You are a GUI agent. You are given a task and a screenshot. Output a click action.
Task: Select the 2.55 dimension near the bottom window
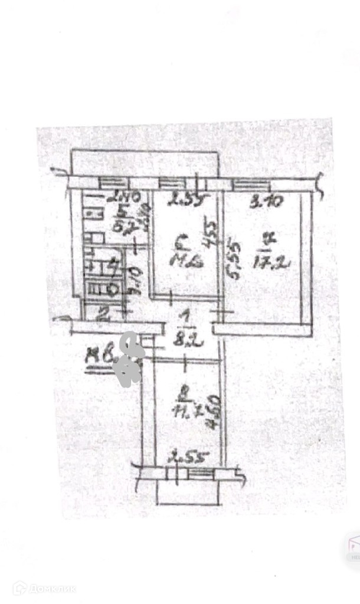(x=182, y=457)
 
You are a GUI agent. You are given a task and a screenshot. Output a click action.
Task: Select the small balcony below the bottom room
(x=188, y=494)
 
